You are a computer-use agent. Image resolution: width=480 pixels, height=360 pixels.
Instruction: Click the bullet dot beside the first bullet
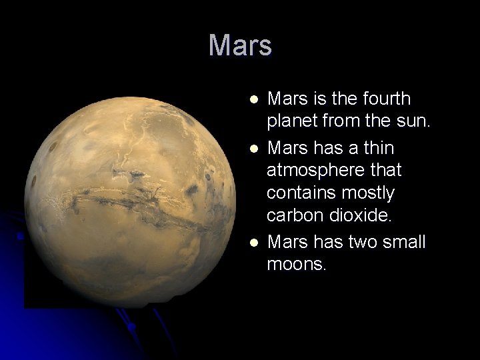(x=253, y=99)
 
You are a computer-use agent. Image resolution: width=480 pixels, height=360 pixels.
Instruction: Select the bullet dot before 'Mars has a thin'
(x=253, y=147)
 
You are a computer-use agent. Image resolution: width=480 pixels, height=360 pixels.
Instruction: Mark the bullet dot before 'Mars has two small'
(x=253, y=241)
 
